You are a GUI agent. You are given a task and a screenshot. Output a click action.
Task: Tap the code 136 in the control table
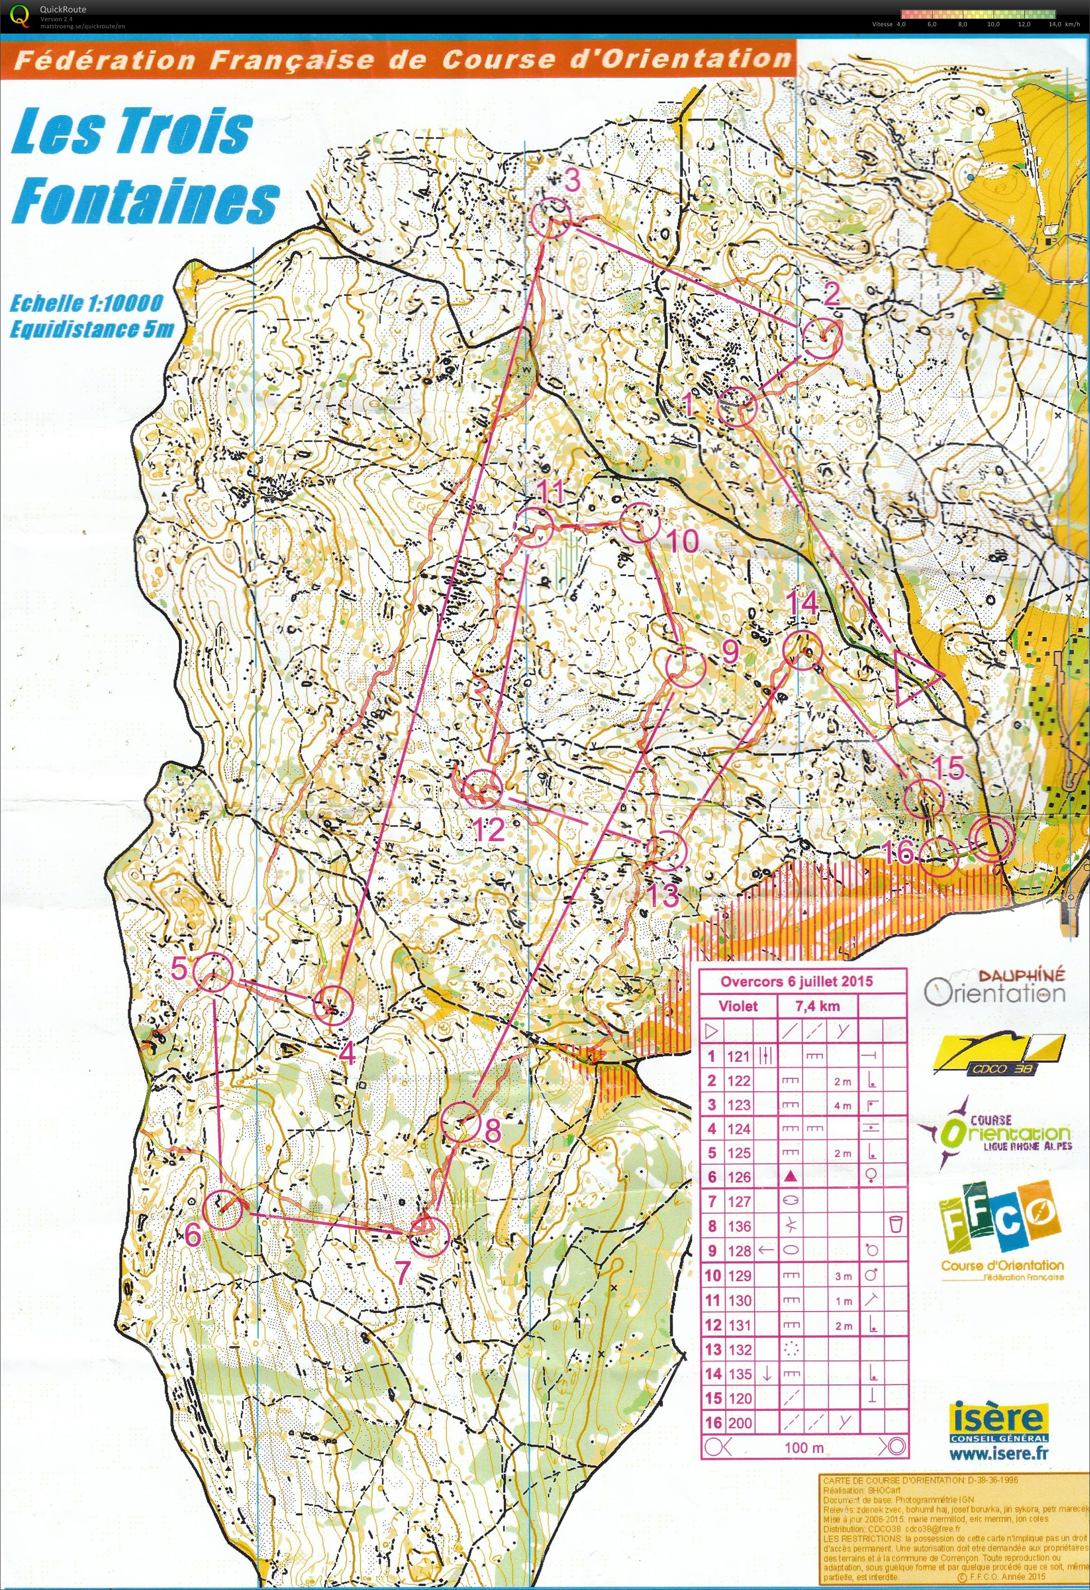click(x=738, y=1227)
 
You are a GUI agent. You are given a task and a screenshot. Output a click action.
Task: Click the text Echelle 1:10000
click(x=86, y=303)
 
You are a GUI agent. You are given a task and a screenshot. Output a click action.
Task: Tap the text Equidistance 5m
click(x=92, y=330)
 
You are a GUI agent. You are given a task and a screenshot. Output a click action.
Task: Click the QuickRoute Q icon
click(x=21, y=15)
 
